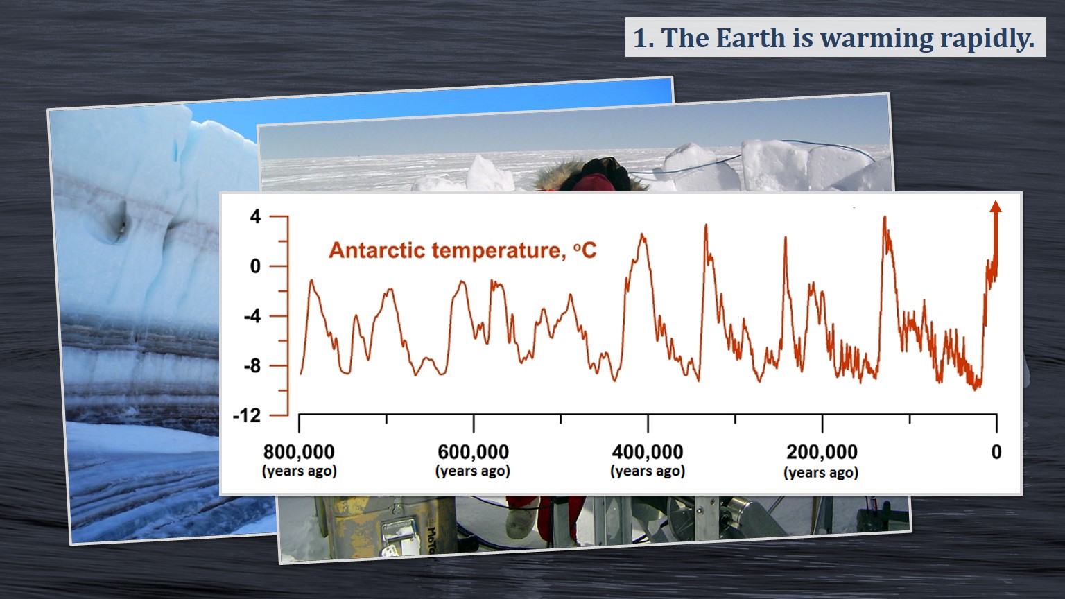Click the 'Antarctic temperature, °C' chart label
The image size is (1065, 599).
462,250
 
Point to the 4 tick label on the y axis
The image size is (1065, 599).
255,217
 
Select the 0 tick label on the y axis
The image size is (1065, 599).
255,266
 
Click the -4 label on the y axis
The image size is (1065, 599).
252,316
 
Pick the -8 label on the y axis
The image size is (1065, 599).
252,366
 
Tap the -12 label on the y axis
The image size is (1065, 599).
247,416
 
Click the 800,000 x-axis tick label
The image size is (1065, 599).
299,452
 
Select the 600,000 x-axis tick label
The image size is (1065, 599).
473,452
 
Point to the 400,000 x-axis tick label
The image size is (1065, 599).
648,452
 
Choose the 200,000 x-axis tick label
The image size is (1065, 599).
822,452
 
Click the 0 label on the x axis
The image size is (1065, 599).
996,452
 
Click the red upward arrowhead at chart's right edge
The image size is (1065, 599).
996,206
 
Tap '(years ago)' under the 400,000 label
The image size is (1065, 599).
648,471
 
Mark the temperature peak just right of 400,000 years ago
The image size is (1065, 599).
706,226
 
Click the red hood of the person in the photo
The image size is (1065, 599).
593,182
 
